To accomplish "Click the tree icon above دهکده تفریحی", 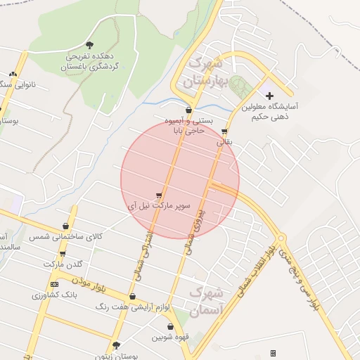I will pos(89,45).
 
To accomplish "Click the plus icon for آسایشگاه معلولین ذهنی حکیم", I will pos(269,95).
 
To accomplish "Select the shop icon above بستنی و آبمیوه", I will pos(189,110).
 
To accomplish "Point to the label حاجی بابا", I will pos(190,131).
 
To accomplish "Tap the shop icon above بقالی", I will pos(224,131).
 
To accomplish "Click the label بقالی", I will pos(222,142).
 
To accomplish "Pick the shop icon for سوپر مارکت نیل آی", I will pos(160,195).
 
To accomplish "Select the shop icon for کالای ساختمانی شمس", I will pos(66,226).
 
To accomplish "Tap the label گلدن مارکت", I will pos(63,264).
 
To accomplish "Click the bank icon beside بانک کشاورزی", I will pos(54,284).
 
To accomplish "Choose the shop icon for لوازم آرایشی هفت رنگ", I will pos(133,296).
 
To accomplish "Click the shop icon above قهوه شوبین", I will pos(170,326).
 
